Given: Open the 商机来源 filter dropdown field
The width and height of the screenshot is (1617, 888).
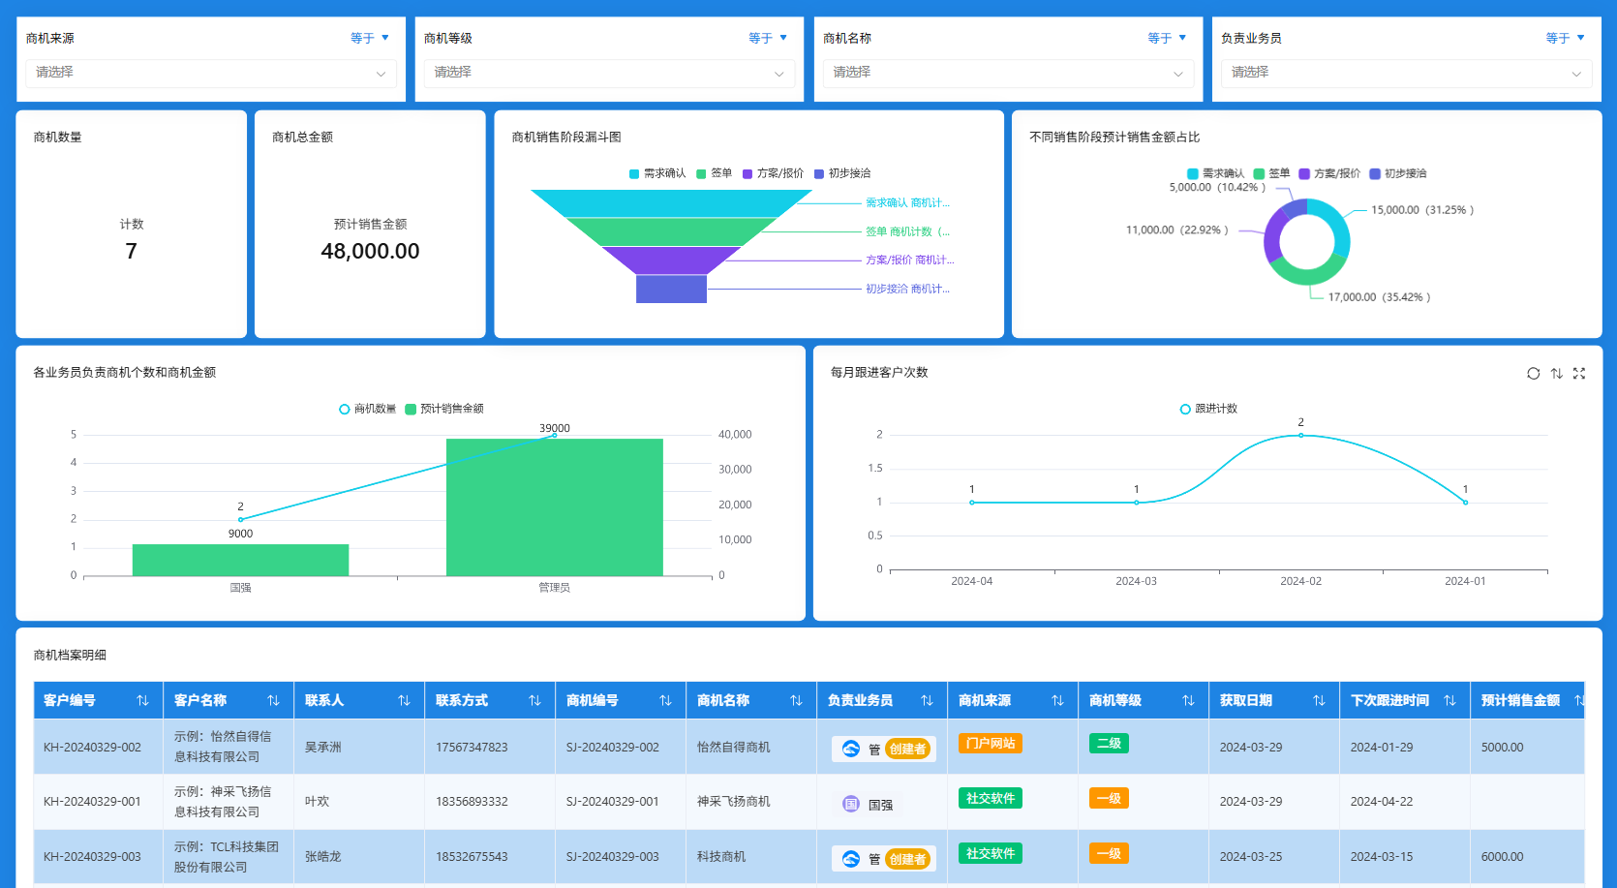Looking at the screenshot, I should [210, 73].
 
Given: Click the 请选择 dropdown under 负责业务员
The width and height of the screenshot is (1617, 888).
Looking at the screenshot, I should [1401, 73].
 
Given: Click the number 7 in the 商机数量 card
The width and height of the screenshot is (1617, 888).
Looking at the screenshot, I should [131, 252].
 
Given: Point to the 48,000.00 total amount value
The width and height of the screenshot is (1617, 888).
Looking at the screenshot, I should [370, 252].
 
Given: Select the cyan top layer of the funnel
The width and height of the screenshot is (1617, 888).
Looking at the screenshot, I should [671, 202].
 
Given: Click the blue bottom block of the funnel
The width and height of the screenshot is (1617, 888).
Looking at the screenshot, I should [671, 289].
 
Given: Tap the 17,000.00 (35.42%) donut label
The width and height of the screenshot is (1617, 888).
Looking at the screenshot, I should [1379, 297].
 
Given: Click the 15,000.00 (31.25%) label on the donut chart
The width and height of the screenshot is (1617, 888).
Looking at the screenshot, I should [1421, 210].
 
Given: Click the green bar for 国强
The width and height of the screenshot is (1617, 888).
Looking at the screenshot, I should [240, 560].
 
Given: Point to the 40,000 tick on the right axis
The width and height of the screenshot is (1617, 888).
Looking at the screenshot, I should [735, 435].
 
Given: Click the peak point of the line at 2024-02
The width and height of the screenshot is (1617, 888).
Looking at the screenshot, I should [1300, 435].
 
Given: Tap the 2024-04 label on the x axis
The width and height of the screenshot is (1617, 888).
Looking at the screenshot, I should [971, 581].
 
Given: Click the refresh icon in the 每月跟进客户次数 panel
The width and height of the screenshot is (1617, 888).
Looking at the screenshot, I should [1533, 374].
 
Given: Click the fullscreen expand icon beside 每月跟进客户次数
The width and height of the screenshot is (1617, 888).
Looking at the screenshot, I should [1579, 374].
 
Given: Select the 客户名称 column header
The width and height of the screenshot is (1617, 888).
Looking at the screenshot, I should [200, 700].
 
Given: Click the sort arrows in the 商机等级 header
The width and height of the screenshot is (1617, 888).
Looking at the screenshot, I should [1188, 700].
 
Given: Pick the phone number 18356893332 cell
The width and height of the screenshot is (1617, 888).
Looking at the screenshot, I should [472, 802].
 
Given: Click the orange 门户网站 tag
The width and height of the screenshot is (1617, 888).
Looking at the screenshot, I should [990, 744].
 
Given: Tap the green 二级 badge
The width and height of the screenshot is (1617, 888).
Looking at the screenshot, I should [1109, 744].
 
